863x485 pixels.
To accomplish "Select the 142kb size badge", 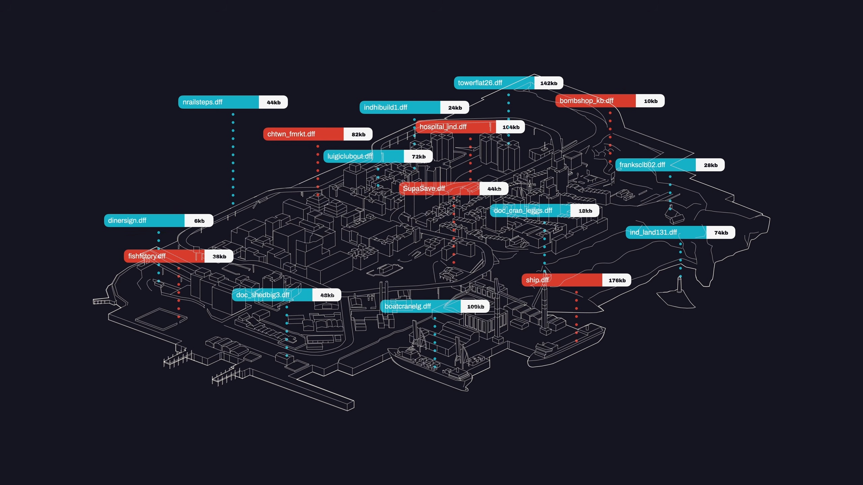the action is point(549,83).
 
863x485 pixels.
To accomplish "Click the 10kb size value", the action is point(651,101).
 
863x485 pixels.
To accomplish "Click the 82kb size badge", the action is point(358,134).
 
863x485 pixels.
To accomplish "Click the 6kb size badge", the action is point(199,221).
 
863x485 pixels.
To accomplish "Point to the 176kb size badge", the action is point(617,280).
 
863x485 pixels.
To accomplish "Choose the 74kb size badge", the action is point(721,233).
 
